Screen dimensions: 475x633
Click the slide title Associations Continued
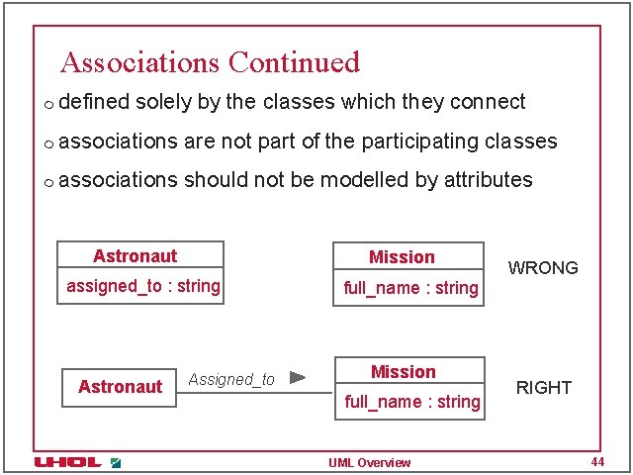210,62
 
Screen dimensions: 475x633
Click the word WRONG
542,268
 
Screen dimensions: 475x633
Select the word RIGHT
544,388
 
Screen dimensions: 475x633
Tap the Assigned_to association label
231,380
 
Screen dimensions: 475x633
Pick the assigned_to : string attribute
143,287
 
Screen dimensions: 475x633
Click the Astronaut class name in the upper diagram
135,256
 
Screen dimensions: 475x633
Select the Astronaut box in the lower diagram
120,387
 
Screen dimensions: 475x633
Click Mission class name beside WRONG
402,257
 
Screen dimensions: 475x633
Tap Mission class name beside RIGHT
403,372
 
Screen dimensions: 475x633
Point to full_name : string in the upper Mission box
410,289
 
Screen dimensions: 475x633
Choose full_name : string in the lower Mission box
411,402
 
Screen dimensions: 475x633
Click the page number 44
596,462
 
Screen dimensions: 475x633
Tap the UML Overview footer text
369,463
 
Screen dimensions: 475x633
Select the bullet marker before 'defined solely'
47,104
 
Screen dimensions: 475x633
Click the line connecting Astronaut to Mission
255,394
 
